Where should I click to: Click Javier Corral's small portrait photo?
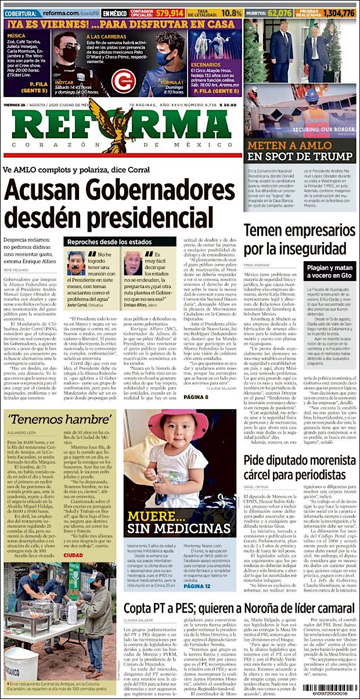coord(76,263)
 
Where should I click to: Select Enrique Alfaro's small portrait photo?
coord(132,263)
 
